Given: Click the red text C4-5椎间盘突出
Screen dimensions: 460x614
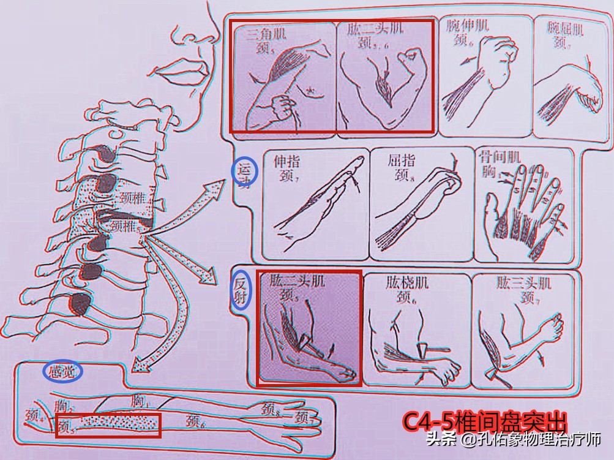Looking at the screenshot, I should point(484,422).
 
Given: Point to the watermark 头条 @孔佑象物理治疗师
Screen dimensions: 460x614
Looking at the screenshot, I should point(513,439).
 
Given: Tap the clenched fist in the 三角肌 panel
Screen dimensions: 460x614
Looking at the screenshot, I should point(282,108).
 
